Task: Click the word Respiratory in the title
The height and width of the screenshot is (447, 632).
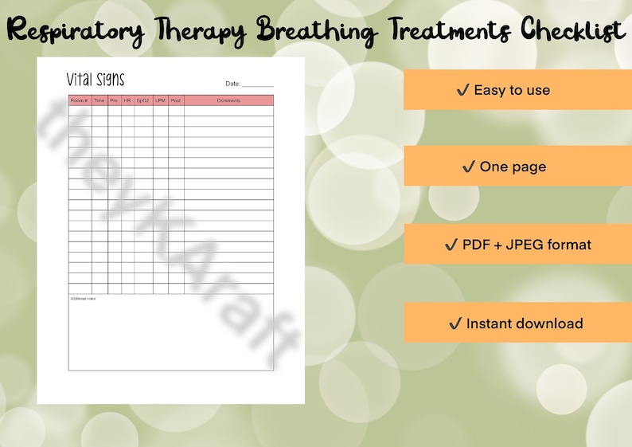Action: tap(76, 32)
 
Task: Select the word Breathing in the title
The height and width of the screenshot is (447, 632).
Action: tap(318, 32)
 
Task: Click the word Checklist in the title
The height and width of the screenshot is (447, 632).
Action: tap(572, 32)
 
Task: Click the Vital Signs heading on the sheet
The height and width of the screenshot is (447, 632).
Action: tap(96, 80)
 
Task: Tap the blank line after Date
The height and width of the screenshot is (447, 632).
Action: tap(257, 84)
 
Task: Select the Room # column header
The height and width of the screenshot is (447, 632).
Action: tap(80, 100)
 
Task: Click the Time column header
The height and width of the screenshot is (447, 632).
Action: tap(99, 100)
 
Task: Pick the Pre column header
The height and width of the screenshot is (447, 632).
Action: tap(114, 100)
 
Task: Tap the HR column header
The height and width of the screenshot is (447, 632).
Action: tap(127, 100)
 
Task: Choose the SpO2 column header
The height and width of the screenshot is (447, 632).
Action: tap(143, 100)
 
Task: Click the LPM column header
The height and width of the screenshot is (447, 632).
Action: tap(161, 100)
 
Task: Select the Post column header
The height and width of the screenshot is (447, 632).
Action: tap(176, 100)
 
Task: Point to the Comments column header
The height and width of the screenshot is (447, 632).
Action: tap(228, 100)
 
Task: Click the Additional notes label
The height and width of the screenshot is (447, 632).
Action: tap(83, 298)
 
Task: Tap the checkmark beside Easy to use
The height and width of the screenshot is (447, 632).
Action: tap(462, 90)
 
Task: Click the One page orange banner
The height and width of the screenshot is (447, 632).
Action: tap(517, 167)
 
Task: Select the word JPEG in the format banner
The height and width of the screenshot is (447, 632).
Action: tap(533, 245)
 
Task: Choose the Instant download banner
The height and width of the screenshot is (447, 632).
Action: tap(517, 323)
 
